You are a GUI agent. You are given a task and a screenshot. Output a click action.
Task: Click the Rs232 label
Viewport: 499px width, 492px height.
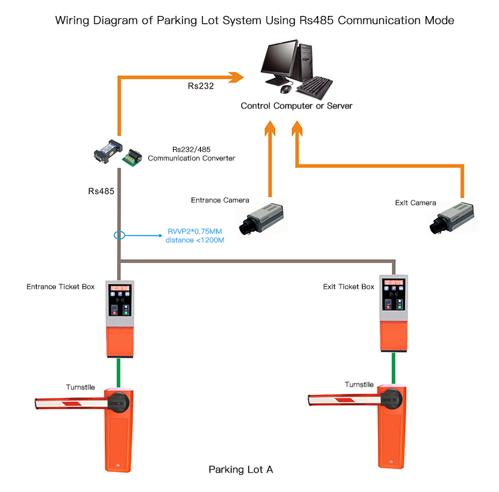tap(200, 86)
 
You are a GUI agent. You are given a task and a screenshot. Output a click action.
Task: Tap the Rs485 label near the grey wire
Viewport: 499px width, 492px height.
tap(101, 191)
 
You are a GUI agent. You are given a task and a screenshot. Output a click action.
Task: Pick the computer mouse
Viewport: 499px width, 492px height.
tap(286, 89)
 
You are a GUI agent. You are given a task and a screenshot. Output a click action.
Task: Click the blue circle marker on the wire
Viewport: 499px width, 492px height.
tap(119, 235)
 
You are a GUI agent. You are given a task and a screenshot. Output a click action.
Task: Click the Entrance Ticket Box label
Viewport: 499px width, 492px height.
tap(61, 287)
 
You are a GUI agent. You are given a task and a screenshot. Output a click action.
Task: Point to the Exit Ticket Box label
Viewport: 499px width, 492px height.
tap(349, 287)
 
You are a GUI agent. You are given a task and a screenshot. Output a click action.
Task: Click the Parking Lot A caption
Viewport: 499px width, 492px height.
tap(241, 469)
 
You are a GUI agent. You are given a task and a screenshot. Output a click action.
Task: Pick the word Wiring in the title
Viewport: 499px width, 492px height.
tap(74, 21)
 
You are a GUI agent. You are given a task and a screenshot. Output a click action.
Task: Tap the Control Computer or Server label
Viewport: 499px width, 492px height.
tap(296, 106)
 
